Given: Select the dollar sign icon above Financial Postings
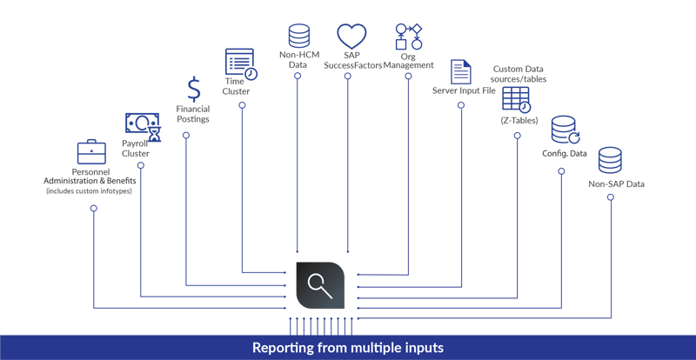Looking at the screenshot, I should [x=194, y=88].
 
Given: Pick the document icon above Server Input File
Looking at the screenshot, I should [x=460, y=71].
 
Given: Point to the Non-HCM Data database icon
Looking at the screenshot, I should [x=298, y=36].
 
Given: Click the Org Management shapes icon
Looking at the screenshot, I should [x=408, y=37].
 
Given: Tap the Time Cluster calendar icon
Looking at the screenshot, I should [x=240, y=64].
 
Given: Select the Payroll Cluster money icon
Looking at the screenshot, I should [x=142, y=126].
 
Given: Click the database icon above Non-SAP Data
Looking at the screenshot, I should [x=610, y=160].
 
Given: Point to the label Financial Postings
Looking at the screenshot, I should [x=194, y=114].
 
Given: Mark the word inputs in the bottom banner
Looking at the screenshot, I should [x=422, y=348].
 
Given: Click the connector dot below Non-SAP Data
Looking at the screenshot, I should [x=611, y=197].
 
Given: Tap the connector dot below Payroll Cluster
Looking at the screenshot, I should [x=141, y=164].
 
